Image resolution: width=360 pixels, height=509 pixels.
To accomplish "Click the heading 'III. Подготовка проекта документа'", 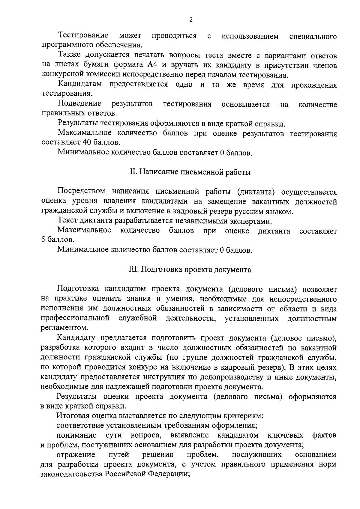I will click(190, 269).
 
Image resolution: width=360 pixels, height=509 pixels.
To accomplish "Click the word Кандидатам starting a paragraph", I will click(79, 85).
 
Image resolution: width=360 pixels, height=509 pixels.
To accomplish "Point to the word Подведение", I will click(79, 104).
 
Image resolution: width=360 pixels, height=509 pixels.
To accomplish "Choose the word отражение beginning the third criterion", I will click(76, 455).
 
